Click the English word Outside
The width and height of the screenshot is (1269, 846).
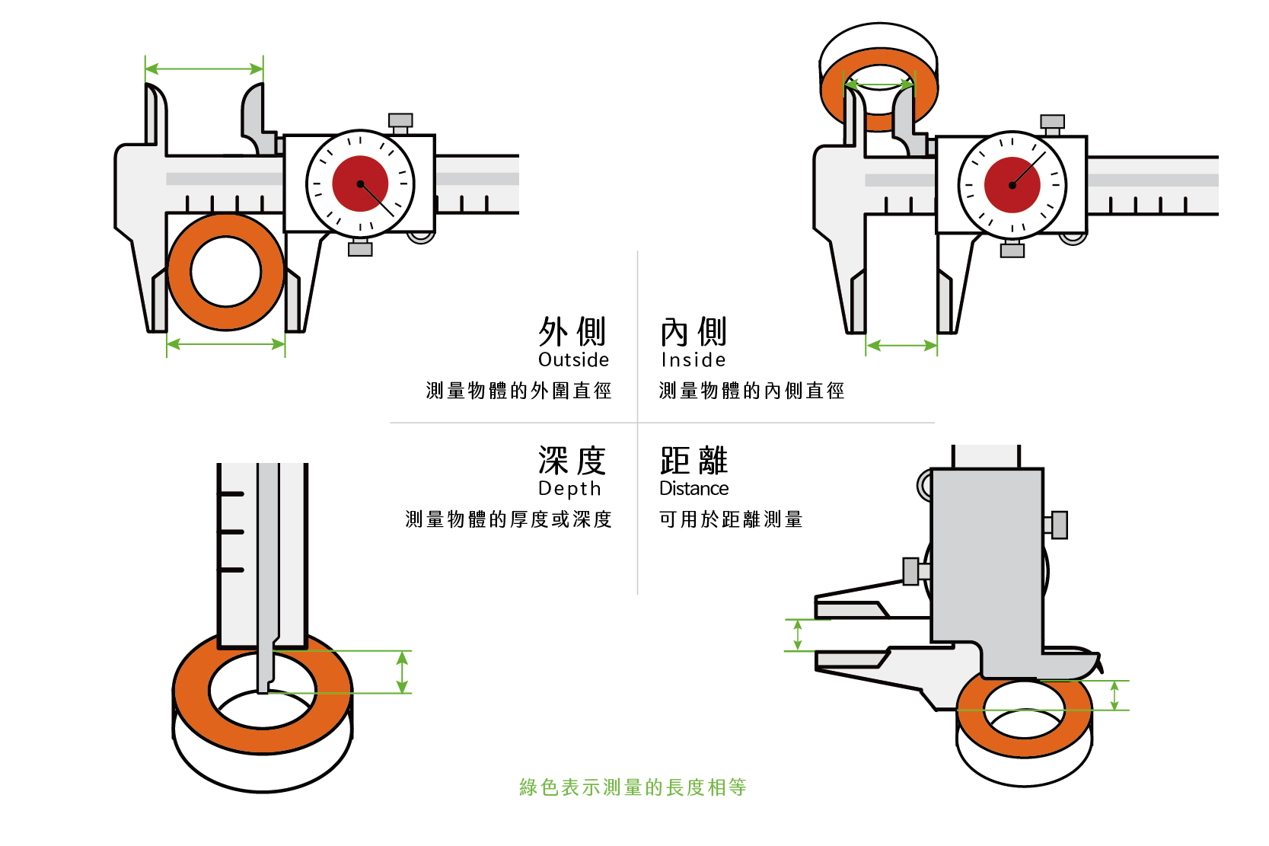tap(573, 359)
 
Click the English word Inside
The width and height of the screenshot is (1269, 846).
tap(693, 359)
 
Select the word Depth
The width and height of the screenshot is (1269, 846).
tap(569, 488)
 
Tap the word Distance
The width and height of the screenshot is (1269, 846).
tap(693, 488)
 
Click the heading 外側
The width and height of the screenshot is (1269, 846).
tap(572, 332)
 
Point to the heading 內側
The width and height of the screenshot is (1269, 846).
tap(693, 332)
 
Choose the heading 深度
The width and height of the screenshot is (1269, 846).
tap(572, 461)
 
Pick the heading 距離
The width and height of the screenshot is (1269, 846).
tap(693, 461)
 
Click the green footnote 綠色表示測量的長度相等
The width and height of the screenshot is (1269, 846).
tap(633, 787)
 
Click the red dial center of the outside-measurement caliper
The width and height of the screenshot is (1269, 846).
tap(360, 184)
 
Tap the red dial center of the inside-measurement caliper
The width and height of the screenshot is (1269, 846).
tap(1012, 185)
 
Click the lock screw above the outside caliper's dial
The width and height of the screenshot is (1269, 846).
tap(400, 122)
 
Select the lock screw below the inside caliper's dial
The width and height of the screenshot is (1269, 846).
tap(1012, 249)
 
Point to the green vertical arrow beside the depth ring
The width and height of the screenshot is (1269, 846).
tap(403, 672)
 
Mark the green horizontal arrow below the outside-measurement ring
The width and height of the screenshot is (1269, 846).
tap(225, 344)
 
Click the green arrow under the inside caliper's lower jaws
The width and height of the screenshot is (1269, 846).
tap(901, 346)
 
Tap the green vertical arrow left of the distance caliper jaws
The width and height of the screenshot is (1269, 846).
tap(797, 635)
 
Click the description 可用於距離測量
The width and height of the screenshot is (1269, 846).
tap(731, 519)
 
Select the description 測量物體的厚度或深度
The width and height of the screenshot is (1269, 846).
tap(509, 519)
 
